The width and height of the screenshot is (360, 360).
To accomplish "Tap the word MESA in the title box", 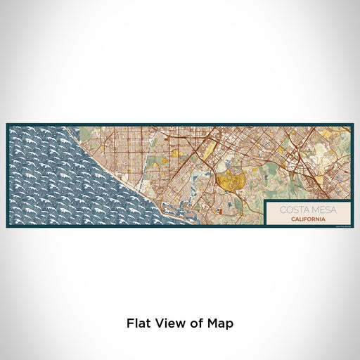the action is [x=317, y=210].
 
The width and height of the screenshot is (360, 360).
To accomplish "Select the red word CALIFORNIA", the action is [x=304, y=218].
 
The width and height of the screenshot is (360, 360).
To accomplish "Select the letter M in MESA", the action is [x=309, y=210].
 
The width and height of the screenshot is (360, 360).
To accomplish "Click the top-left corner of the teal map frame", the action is [x=7, y=124].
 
